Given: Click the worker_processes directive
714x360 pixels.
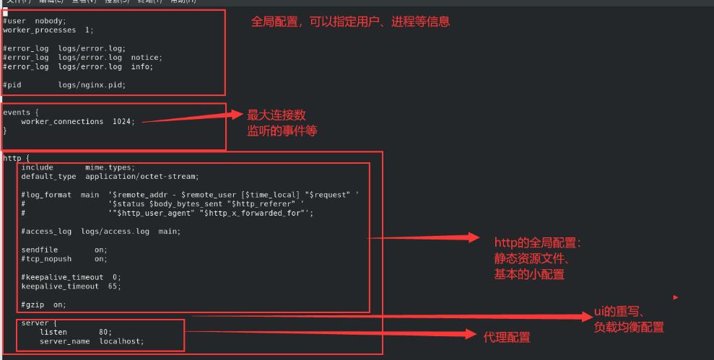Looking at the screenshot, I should [x=38, y=30].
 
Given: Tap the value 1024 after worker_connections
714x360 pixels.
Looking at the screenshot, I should [x=123, y=121].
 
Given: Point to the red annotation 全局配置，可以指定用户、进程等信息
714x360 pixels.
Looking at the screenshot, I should [x=350, y=22].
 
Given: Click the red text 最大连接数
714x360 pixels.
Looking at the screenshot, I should [x=277, y=115].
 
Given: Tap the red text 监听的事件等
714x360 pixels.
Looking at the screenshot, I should [x=282, y=131].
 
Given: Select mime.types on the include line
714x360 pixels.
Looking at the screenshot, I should [x=109, y=167].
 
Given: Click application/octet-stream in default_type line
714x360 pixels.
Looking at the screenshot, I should [x=141, y=176].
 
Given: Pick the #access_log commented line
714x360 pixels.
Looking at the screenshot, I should [x=100, y=231].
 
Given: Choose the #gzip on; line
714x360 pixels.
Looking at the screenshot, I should [x=43, y=304].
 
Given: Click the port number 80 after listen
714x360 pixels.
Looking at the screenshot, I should [x=105, y=332].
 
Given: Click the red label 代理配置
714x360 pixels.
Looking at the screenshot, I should [x=507, y=337].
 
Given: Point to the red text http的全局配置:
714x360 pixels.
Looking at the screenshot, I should [x=538, y=243].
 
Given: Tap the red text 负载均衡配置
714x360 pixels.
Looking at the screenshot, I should [x=629, y=328].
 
